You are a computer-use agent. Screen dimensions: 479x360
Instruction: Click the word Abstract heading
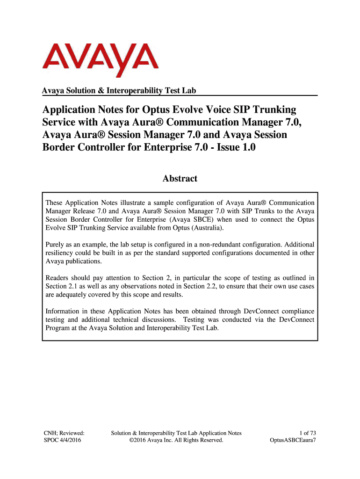pos(180,178)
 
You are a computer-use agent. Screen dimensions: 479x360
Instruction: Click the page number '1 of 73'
pos(306,433)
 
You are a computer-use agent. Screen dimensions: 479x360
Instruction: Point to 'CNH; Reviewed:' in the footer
pos(64,433)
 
